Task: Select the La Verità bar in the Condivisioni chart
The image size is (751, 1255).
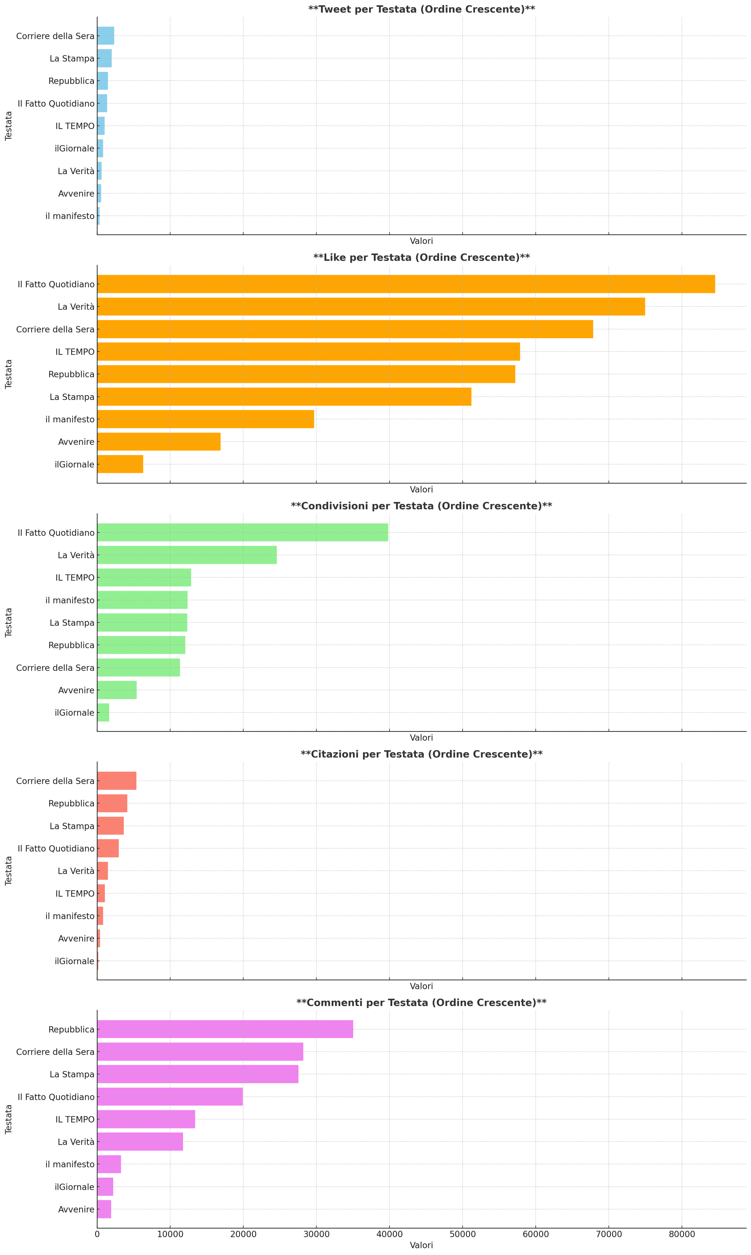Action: (187, 555)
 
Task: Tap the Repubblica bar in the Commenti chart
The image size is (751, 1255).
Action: (225, 1029)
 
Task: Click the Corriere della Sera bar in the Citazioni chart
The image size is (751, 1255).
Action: (116, 781)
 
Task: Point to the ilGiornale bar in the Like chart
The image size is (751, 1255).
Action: (120, 464)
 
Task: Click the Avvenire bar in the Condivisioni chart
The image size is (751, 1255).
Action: (116, 690)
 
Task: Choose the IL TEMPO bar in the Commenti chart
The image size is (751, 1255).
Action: (146, 1119)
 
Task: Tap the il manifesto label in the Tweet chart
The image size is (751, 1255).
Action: (70, 216)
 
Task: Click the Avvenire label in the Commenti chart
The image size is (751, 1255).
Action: (76, 1209)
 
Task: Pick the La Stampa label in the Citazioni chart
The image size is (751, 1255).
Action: (72, 825)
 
